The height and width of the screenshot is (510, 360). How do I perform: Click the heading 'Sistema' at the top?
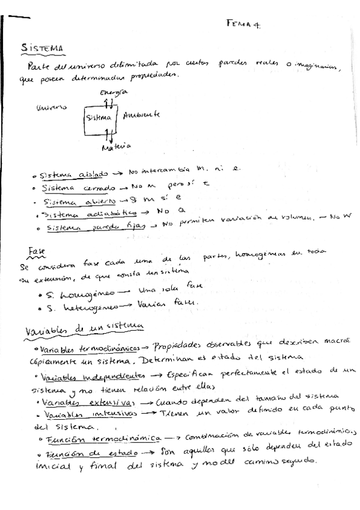pyautogui.click(x=43, y=48)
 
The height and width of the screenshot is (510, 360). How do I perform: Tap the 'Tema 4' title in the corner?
pyautogui.click(x=247, y=24)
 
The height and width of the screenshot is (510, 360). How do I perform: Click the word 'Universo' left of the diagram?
pyautogui.click(x=52, y=109)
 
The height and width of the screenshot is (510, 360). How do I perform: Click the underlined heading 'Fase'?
pyautogui.click(x=37, y=250)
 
